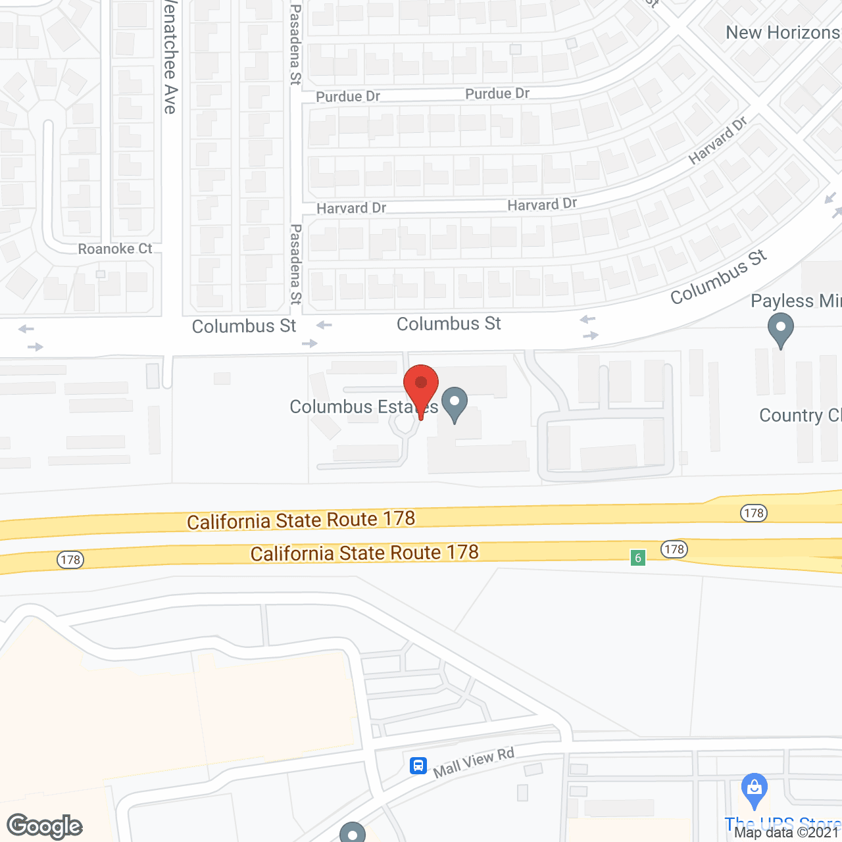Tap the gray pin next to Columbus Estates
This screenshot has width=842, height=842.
point(454,404)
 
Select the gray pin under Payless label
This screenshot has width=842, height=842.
point(780,329)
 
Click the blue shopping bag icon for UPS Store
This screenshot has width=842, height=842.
point(754,789)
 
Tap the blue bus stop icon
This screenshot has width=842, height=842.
point(418,766)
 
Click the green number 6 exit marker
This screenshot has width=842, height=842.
point(637,558)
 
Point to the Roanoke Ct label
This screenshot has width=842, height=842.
point(115,249)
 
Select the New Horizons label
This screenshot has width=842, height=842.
point(783,32)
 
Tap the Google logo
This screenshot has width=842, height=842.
point(45,826)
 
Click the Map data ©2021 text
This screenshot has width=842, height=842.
point(787,832)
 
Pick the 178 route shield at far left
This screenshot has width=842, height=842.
point(70,560)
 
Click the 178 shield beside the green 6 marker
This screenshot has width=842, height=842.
point(674,549)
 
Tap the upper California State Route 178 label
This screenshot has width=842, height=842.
point(301,520)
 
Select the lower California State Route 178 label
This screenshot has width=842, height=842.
point(364,553)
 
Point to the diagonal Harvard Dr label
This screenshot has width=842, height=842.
point(718,140)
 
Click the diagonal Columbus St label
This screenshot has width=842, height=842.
point(718,277)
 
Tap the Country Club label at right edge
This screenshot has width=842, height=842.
point(800,416)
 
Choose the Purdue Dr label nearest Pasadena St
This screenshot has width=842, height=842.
point(348,97)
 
